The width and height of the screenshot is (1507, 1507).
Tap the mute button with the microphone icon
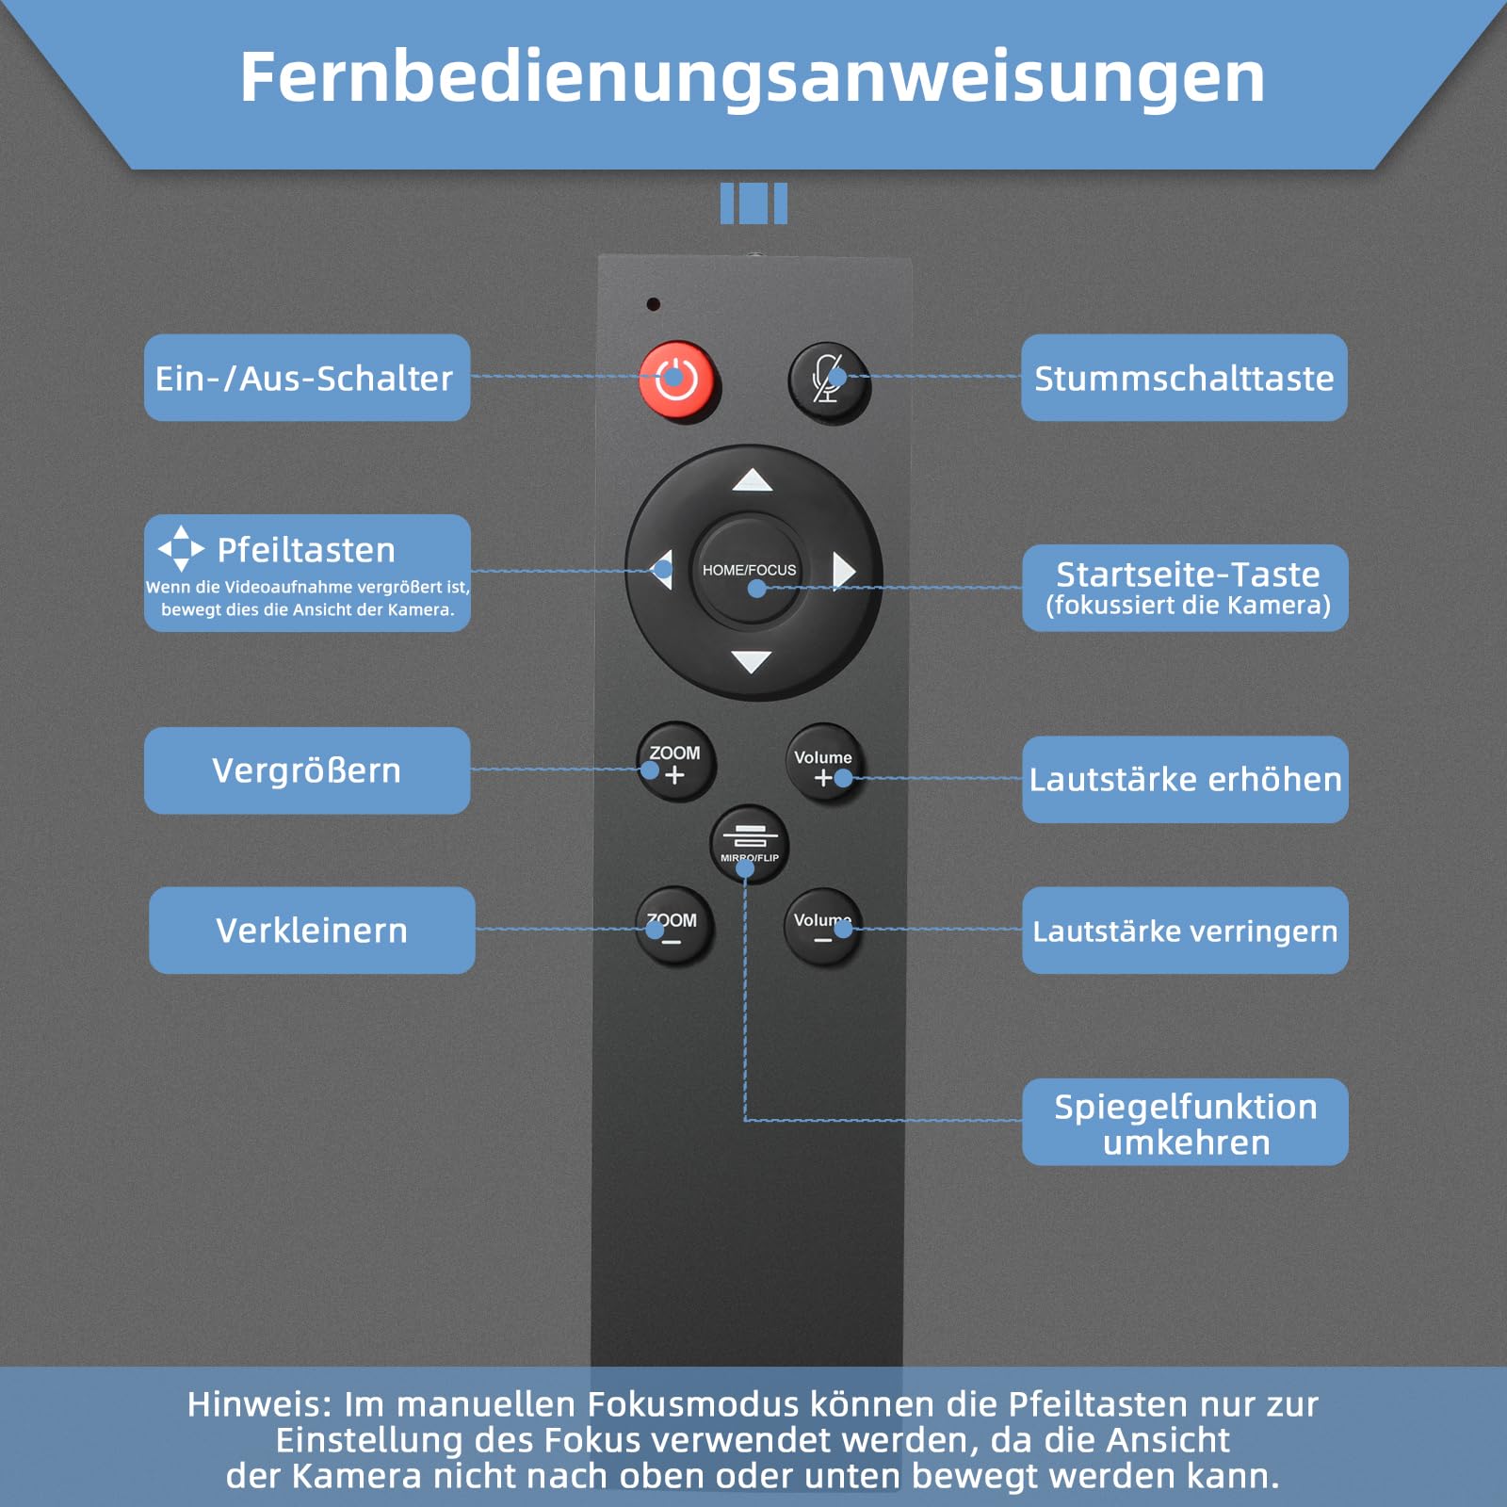828,381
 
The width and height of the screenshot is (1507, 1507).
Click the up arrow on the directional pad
753,480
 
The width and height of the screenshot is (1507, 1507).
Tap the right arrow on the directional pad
844,571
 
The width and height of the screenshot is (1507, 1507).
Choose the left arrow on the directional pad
662,570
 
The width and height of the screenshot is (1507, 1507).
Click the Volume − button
822,928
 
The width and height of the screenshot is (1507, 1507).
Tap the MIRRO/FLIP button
749,843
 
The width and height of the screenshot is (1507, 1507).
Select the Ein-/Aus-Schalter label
306,378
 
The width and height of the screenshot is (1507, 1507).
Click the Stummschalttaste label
1184,378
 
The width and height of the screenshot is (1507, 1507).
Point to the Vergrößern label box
306,770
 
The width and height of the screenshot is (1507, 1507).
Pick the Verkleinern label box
312,931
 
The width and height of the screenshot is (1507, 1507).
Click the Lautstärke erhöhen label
1185,780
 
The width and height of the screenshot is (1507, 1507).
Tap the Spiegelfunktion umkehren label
1185,1123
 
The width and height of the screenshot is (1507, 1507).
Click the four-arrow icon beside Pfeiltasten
181,548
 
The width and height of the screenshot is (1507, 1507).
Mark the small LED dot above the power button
653,304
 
